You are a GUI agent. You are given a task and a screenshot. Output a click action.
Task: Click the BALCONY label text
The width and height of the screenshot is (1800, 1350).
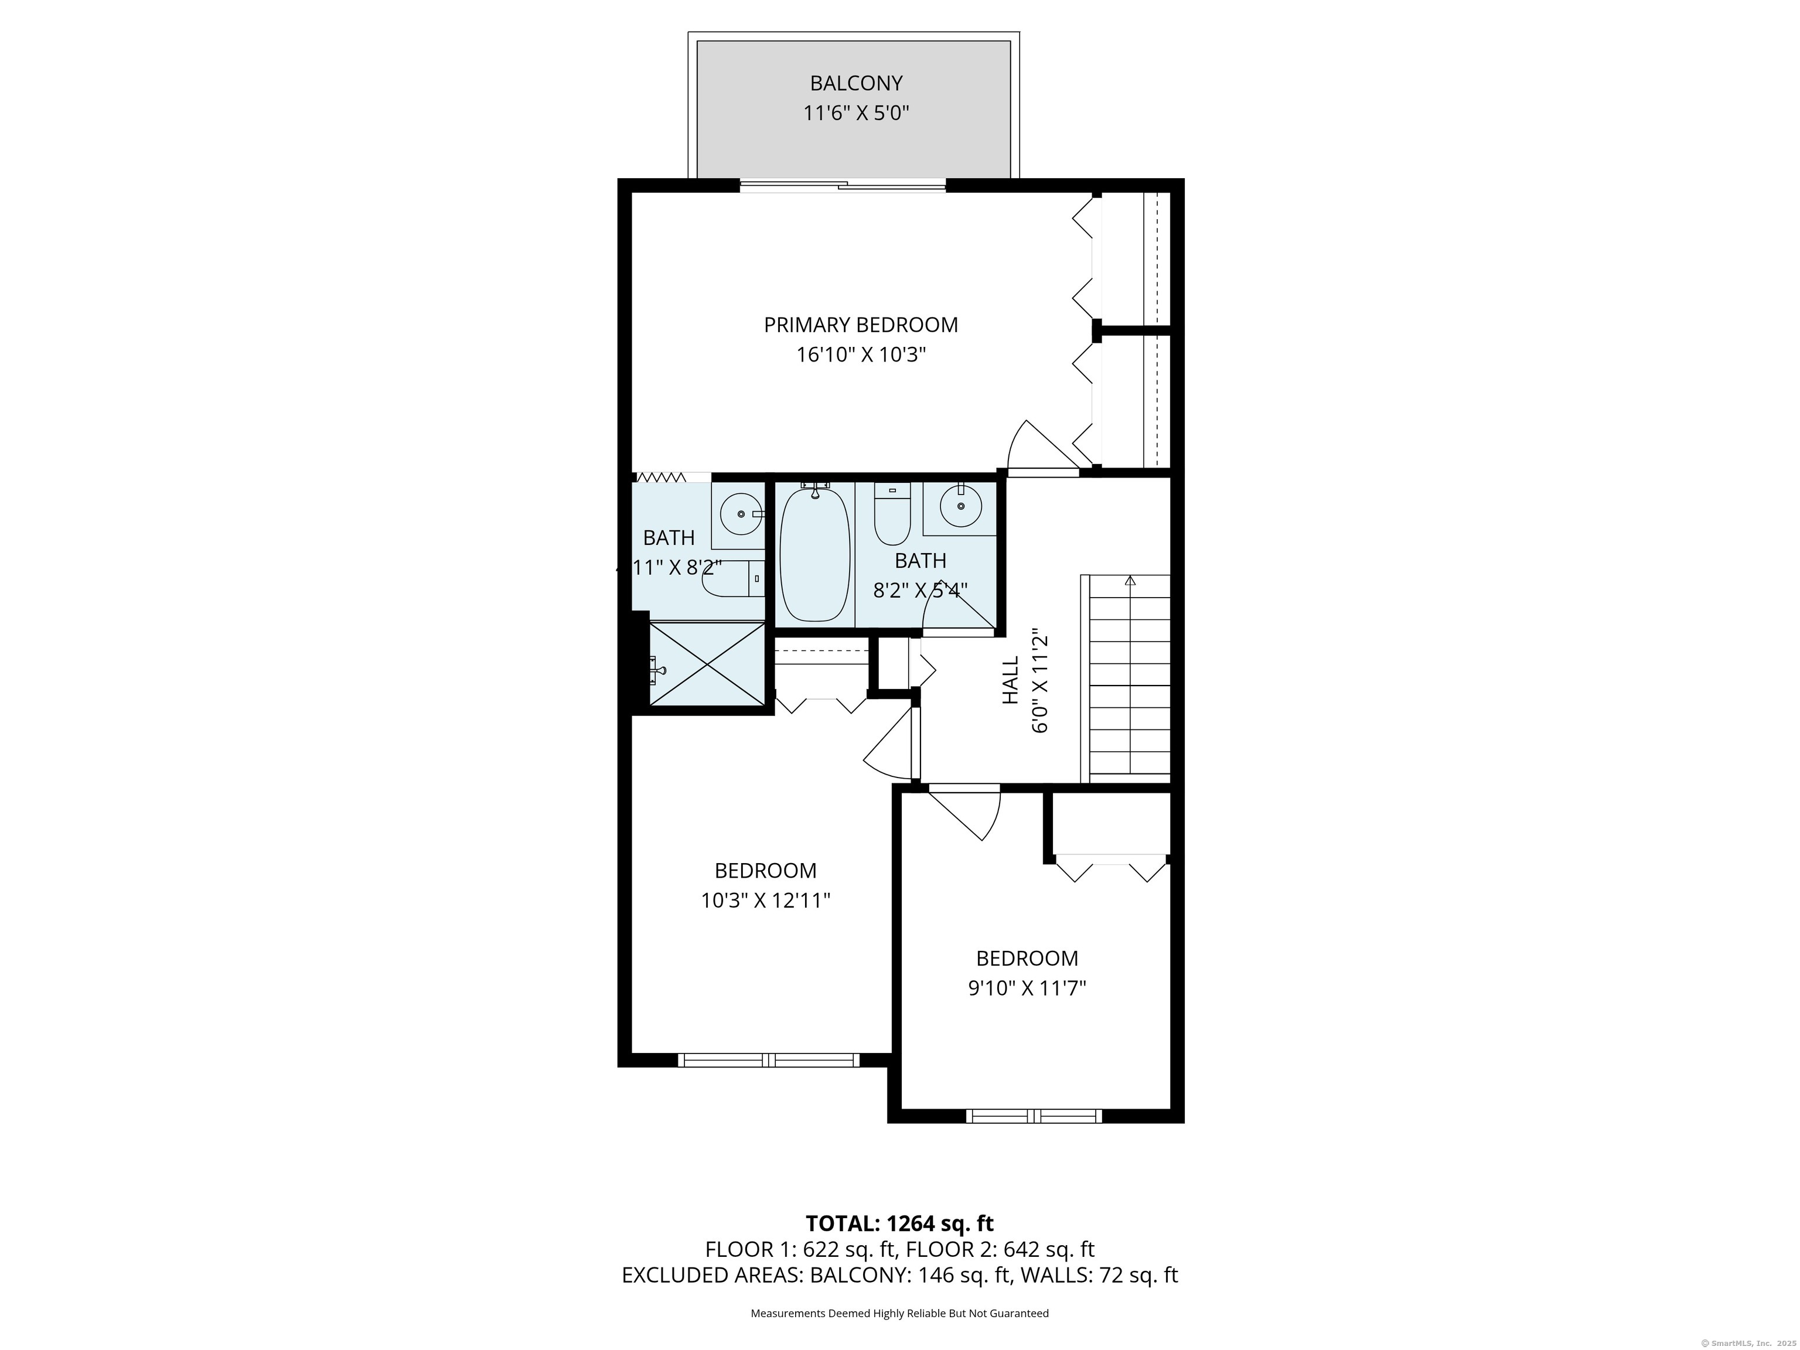[x=855, y=83]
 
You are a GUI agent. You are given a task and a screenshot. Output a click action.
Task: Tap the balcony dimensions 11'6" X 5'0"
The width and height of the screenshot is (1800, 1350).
[x=855, y=113]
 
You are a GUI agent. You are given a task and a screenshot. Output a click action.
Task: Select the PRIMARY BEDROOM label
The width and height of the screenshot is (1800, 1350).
[x=860, y=325]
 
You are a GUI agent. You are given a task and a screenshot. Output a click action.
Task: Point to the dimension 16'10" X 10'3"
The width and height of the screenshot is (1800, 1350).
[x=861, y=355]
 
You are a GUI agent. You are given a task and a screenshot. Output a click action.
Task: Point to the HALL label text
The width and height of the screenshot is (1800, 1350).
[x=1010, y=680]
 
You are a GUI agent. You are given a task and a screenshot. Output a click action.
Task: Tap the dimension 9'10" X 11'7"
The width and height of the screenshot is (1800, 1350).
[x=1027, y=988]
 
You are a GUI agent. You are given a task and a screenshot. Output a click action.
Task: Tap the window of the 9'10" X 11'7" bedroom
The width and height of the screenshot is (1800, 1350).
[x=1034, y=1116]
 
